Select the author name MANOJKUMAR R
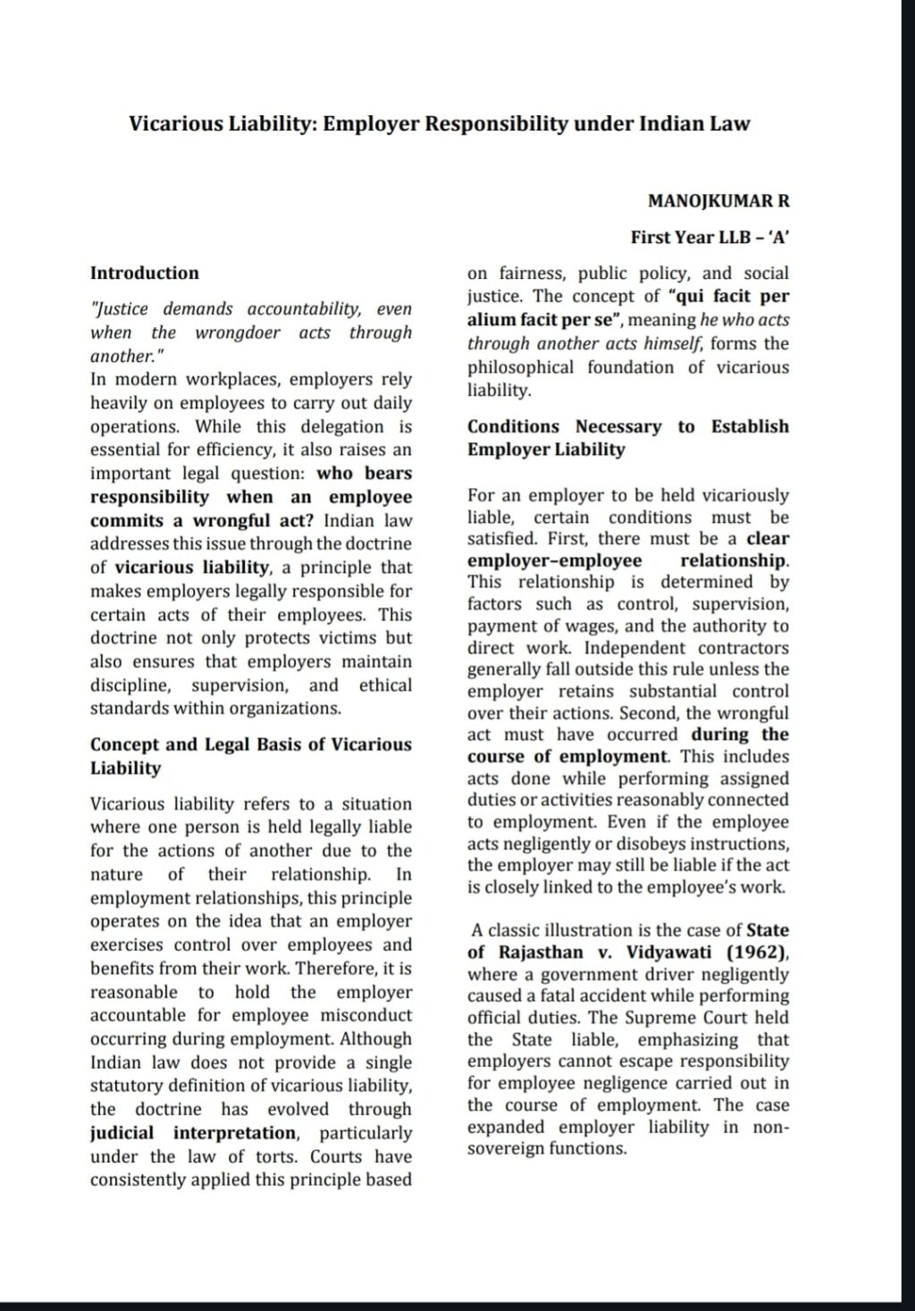pos(718,201)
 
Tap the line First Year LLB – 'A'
pos(709,237)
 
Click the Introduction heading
pos(145,273)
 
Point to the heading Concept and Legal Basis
pos(251,744)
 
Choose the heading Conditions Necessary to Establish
pos(628,426)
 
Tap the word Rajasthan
pos(541,952)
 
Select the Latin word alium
pos(491,320)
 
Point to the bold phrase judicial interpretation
pos(194,1133)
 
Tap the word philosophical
pos(520,367)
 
